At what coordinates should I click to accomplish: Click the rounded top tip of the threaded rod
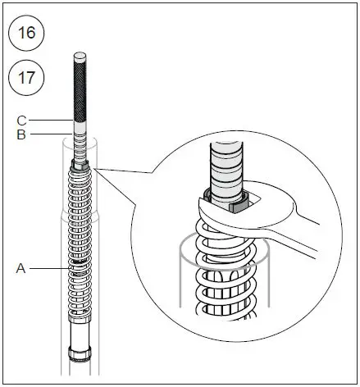pos(79,57)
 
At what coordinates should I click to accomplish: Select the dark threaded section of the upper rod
pos(79,90)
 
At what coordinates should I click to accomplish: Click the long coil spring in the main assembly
pos(79,246)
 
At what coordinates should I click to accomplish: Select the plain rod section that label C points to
pos(79,124)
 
